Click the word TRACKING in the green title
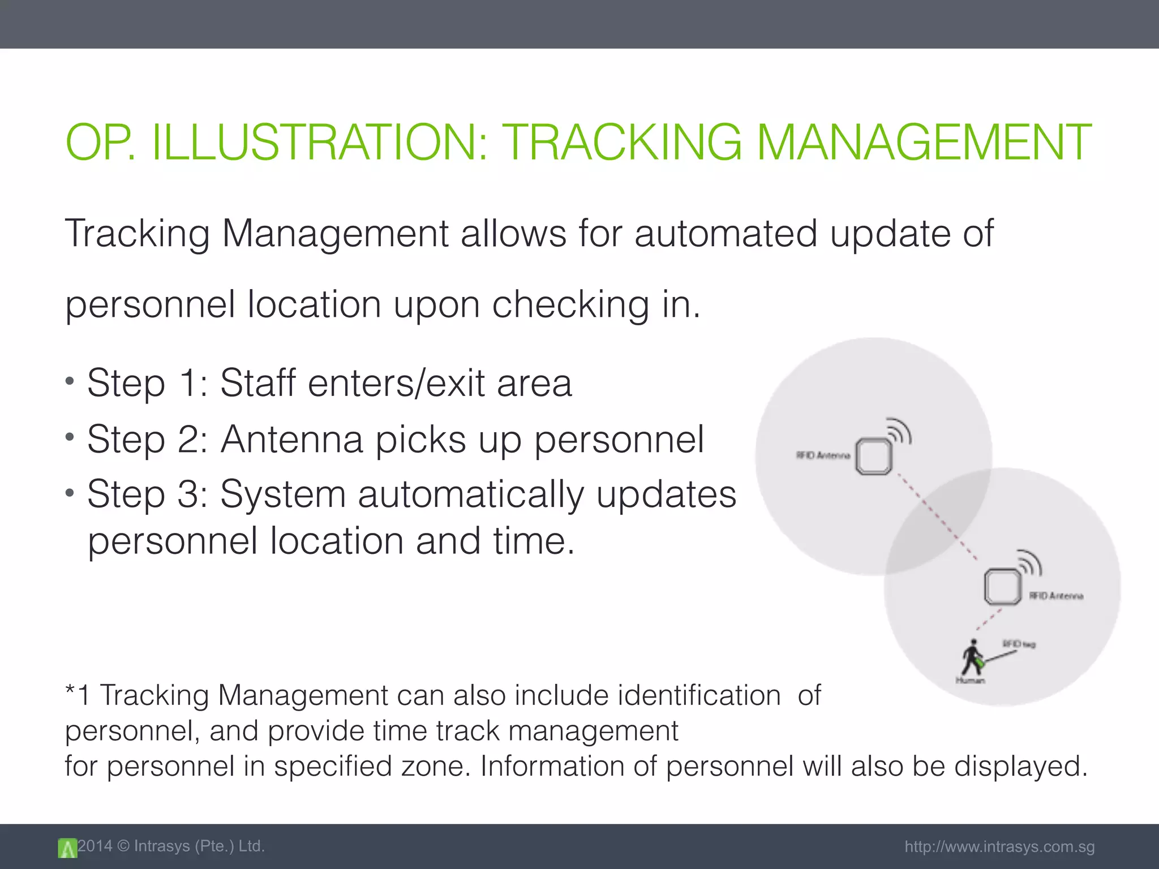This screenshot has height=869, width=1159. (x=621, y=143)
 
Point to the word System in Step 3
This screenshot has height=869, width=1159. (x=282, y=494)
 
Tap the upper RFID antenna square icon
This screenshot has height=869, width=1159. (x=873, y=456)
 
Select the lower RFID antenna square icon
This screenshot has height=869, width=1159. (x=1002, y=586)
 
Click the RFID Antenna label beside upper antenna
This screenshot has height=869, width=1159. (x=823, y=455)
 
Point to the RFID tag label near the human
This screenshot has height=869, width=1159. (x=1019, y=644)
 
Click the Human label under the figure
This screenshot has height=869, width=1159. (x=970, y=681)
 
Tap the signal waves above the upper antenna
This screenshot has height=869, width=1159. (x=899, y=431)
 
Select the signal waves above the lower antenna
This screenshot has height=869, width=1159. (x=1029, y=562)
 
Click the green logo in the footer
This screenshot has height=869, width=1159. (x=67, y=848)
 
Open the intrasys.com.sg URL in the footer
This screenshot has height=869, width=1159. (x=999, y=847)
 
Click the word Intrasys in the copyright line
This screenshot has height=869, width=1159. (x=162, y=846)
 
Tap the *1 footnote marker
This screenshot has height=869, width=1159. (x=78, y=695)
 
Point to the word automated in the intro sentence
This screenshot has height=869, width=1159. (x=726, y=233)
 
